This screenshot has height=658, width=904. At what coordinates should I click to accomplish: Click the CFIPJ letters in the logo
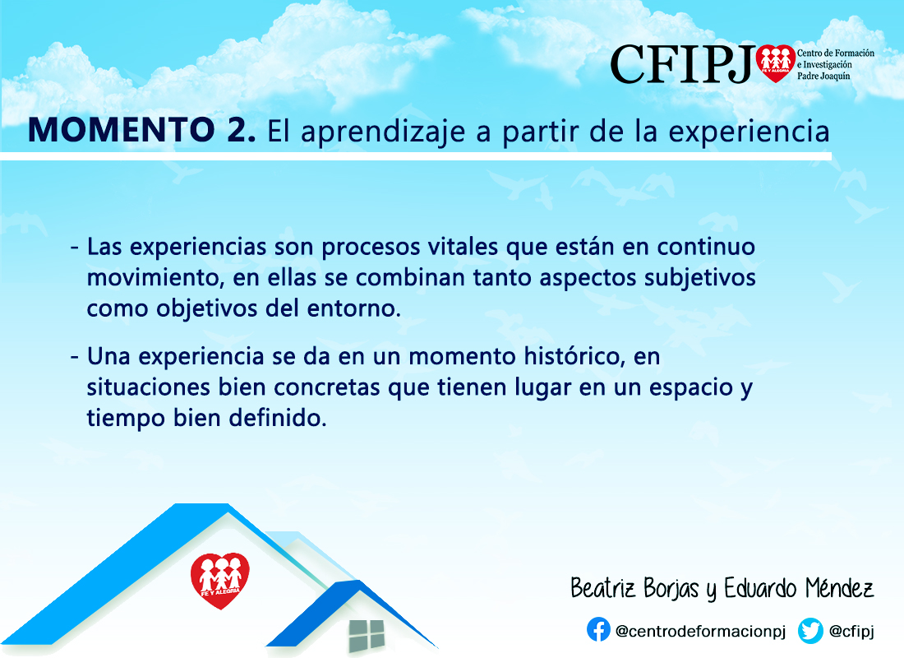tap(682, 65)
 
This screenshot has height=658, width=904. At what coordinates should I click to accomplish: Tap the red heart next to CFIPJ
tap(776, 63)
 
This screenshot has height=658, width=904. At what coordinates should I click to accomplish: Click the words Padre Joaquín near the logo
tap(823, 76)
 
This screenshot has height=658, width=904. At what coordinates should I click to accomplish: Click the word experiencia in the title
tap(749, 132)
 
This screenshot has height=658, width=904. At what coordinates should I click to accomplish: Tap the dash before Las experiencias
tap(74, 248)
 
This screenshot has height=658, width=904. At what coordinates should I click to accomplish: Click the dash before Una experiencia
tap(74, 357)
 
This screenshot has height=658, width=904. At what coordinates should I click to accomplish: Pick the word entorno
tap(353, 308)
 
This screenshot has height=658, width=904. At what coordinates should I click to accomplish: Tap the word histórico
tap(574, 356)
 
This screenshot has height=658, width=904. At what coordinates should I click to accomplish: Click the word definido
tap(278, 418)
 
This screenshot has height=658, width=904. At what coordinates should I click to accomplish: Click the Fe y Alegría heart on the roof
tap(219, 580)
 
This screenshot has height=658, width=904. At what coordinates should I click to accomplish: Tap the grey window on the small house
tap(367, 636)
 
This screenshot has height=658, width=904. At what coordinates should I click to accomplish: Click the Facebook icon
tap(598, 629)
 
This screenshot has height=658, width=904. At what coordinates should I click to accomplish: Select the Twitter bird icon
tap(810, 630)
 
